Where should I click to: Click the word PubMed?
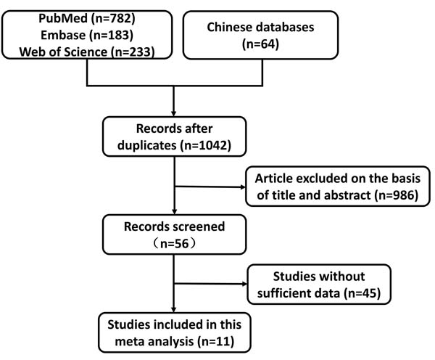63,19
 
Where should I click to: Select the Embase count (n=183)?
111,36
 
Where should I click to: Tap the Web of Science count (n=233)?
133,52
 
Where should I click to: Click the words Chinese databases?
260,28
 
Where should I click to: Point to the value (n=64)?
260,44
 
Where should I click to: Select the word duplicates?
147,146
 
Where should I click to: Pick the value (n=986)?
396,195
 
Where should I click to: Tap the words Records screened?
174,226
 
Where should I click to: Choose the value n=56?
175,244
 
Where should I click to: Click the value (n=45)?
362,293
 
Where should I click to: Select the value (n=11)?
216,341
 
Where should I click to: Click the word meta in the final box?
126,342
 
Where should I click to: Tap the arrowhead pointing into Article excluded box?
243,187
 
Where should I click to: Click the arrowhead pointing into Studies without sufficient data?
244,284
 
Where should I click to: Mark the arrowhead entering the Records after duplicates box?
174,114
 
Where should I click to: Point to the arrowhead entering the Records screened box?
175,211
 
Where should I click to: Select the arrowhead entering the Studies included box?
174,309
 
